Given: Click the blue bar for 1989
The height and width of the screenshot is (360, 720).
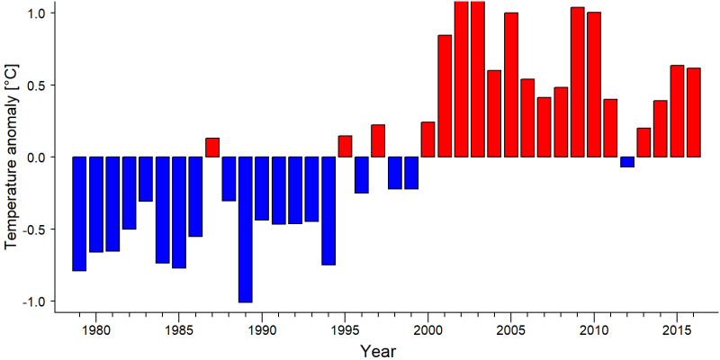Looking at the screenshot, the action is coord(245,229).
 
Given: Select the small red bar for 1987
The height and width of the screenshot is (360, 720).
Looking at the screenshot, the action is coord(212,148).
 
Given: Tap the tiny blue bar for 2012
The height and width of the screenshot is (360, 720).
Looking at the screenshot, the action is coord(627,162).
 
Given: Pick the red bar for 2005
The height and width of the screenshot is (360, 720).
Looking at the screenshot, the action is coord(511,85).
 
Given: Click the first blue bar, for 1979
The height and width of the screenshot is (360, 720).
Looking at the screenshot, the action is coord(79,214).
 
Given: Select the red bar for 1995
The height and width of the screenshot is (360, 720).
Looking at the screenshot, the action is coord(345,147).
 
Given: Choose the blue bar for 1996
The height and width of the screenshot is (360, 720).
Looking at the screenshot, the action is coord(362,175).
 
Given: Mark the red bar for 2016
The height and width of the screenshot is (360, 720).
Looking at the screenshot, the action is coord(694,112).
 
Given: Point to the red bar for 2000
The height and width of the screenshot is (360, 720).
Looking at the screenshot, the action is coord(428,139).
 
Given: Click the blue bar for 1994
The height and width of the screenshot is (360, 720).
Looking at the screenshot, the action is coord(328,211).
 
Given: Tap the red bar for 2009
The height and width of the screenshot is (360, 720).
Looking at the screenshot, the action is coord(577,82).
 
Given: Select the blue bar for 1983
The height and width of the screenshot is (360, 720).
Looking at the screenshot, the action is coord(146,179).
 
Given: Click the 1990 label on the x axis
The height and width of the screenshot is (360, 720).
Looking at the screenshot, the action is coord(262,331).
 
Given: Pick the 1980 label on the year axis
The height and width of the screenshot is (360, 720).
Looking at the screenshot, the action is coord(96,331).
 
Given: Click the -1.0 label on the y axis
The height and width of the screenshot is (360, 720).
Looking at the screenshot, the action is coord(34,301).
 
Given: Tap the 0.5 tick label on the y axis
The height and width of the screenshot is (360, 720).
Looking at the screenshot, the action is coord(38,85).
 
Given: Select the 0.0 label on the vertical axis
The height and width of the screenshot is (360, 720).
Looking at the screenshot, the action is coord(38,157).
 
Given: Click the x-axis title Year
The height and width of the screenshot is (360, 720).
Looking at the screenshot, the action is coord(377,351).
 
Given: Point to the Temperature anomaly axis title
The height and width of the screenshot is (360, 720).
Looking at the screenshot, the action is coord(13,156).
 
